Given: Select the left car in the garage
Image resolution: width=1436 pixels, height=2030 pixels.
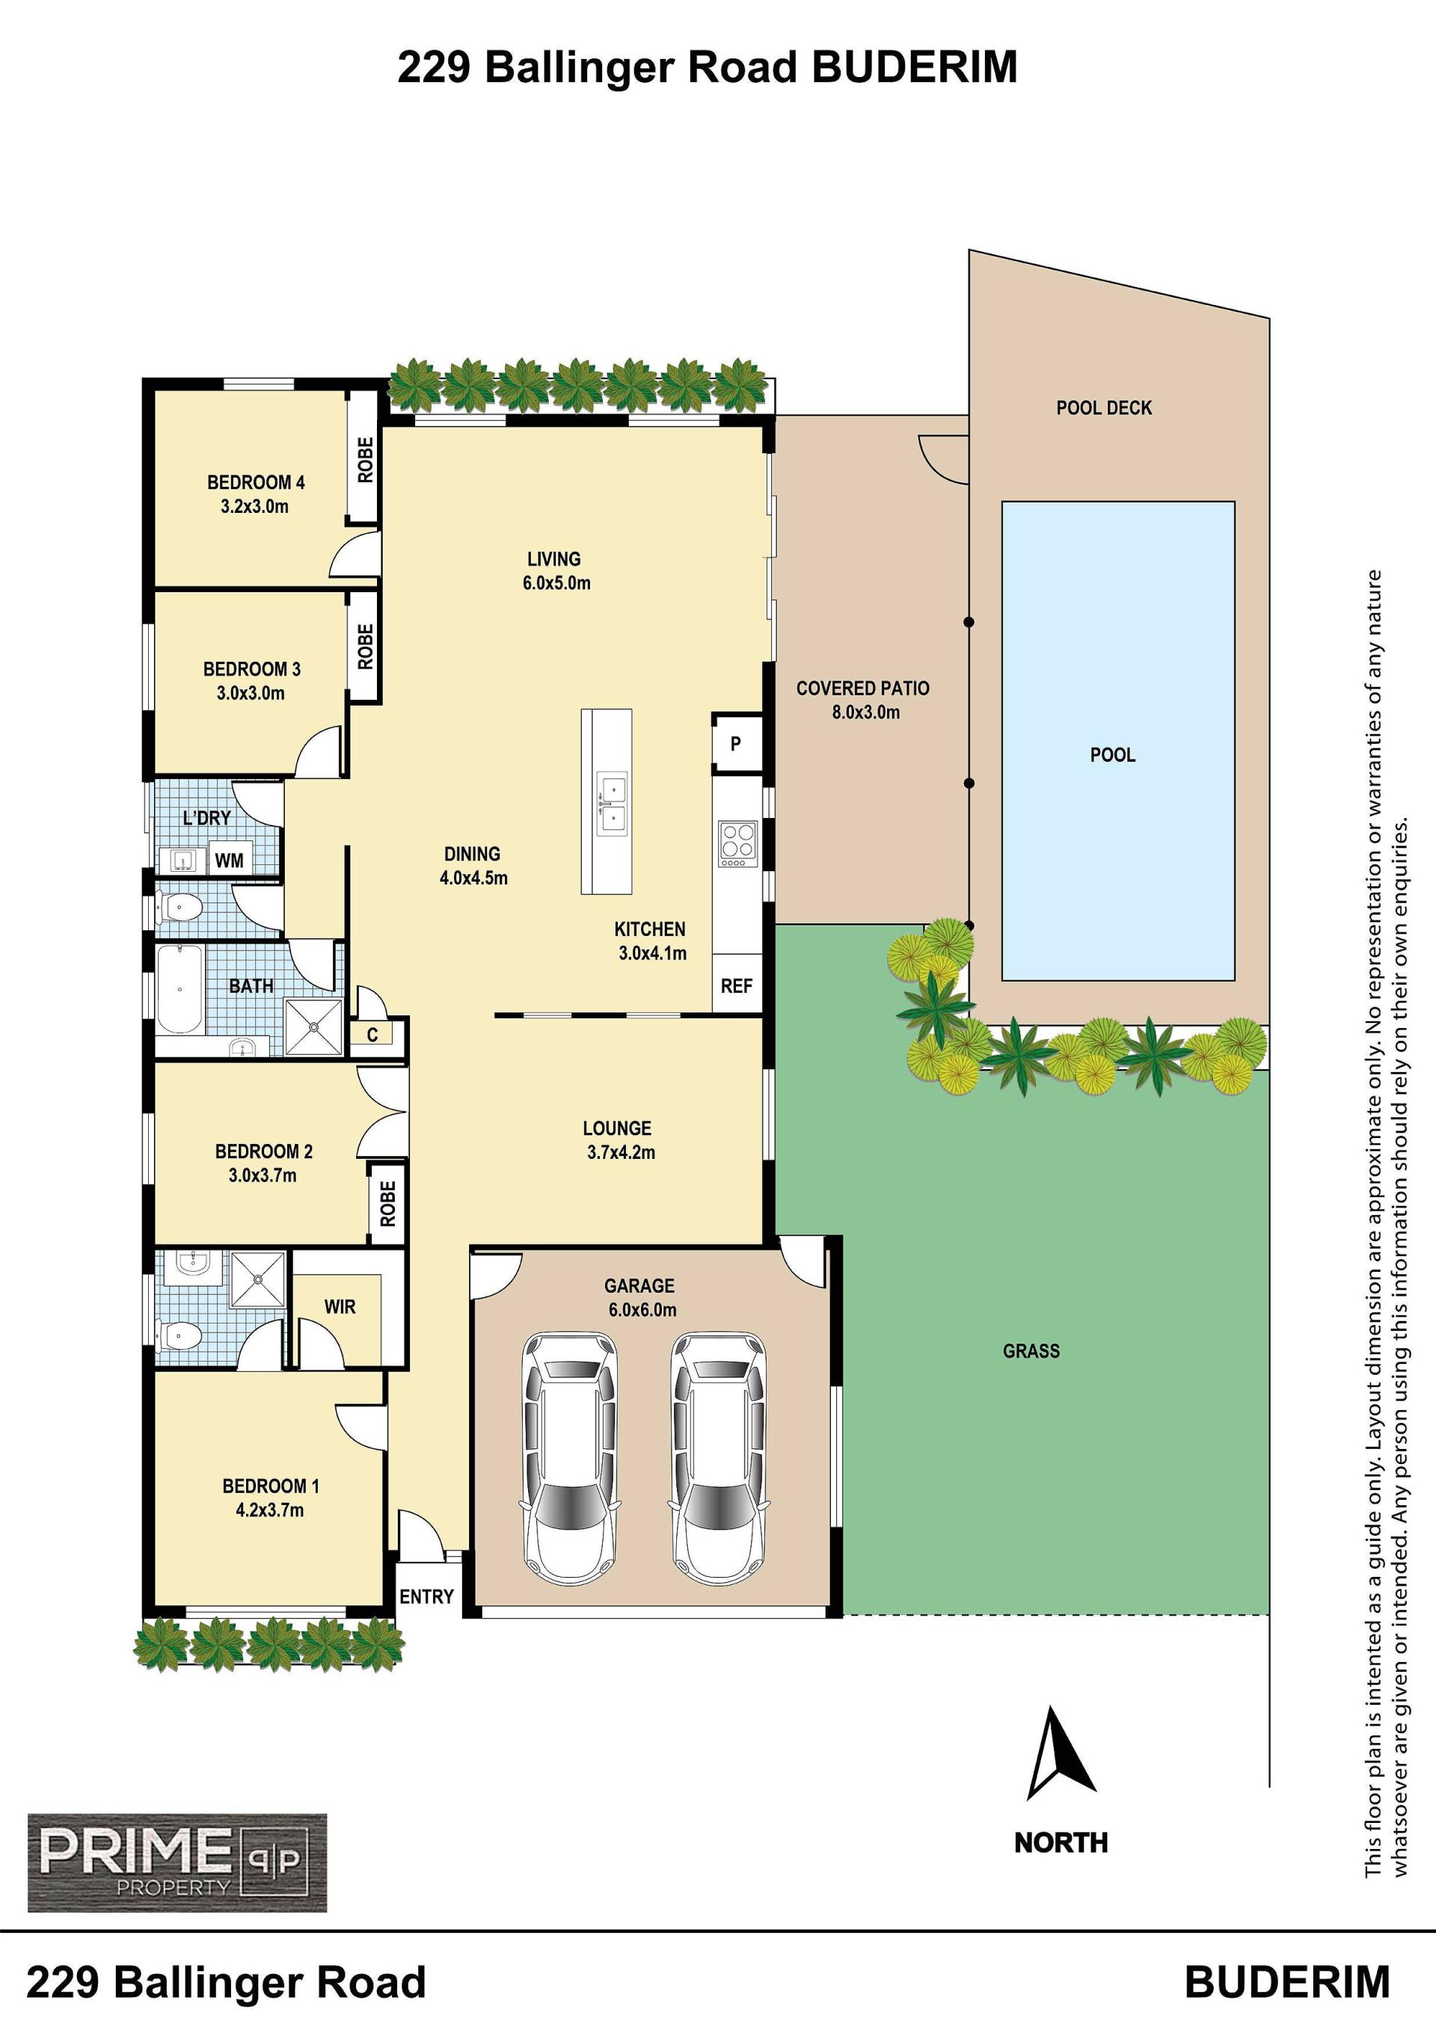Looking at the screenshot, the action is pyautogui.click(x=569, y=1458).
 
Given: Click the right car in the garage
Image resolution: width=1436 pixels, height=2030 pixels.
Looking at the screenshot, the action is pyautogui.click(x=719, y=1458).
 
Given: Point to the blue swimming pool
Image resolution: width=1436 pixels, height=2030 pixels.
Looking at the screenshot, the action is pyautogui.click(x=1117, y=741).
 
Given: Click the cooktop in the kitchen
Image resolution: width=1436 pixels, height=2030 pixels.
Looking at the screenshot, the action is pyautogui.click(x=738, y=843).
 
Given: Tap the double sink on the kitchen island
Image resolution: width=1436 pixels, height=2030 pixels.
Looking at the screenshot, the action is pyautogui.click(x=611, y=803).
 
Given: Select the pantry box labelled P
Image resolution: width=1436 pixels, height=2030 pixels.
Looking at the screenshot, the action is pyautogui.click(x=737, y=743).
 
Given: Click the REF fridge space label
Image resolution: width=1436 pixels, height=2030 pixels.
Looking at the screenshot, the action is pyautogui.click(x=737, y=985).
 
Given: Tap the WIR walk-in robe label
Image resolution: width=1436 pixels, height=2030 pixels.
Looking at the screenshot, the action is pyautogui.click(x=340, y=1307).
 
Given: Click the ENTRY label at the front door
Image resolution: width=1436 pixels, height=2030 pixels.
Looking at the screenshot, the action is pyautogui.click(x=426, y=1597).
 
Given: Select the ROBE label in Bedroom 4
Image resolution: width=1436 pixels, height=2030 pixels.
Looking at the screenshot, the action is pyautogui.click(x=365, y=460).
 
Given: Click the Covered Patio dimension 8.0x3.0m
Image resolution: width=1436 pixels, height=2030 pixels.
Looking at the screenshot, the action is pyautogui.click(x=865, y=713).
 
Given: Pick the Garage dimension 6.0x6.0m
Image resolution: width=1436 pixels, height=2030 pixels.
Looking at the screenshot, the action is pyautogui.click(x=642, y=1310).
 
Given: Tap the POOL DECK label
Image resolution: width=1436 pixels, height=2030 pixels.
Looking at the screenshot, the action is pyautogui.click(x=1105, y=407).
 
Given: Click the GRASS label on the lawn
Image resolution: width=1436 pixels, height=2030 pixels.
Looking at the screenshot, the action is pyautogui.click(x=1031, y=1351).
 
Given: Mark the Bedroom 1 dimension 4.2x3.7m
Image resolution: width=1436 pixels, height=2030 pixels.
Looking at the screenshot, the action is pyautogui.click(x=270, y=1511).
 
